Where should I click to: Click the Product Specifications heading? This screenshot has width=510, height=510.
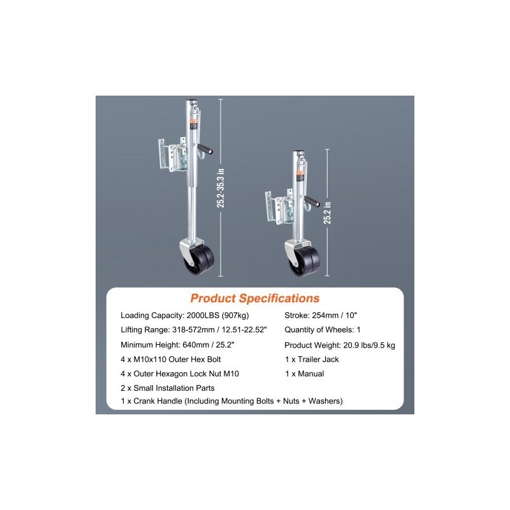(254, 298)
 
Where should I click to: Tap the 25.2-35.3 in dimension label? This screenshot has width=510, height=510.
(221, 188)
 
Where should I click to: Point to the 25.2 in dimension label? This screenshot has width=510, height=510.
(327, 213)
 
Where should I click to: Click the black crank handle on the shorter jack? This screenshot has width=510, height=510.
(312, 201)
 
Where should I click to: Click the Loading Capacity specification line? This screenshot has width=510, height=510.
(185, 315)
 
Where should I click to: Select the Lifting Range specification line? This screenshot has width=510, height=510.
(194, 330)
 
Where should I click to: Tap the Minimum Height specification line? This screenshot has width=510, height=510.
(178, 345)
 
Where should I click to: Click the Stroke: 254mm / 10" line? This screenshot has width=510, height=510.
(321, 315)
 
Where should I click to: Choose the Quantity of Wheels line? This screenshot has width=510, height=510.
(323, 330)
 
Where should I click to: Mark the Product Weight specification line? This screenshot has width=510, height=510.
(340, 345)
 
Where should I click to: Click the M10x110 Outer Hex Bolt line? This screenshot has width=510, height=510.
(171, 360)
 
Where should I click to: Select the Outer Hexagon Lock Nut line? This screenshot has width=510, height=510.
(180, 374)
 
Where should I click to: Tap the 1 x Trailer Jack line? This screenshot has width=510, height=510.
(312, 360)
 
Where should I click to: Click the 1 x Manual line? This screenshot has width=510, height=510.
(305, 374)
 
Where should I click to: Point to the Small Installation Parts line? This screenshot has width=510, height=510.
(168, 388)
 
